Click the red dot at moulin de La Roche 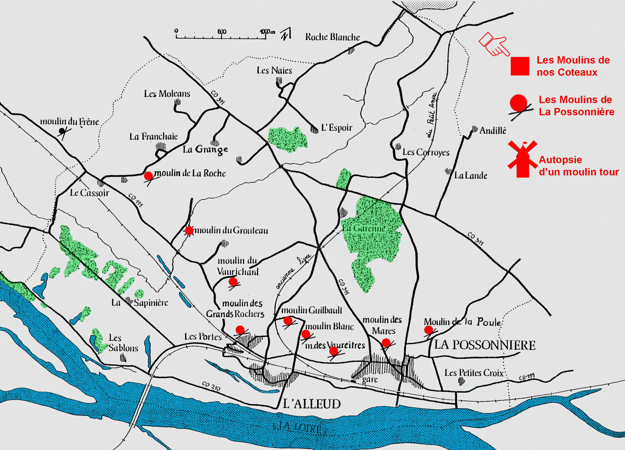148,176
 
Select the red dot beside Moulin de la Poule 428,330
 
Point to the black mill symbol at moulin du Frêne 62,131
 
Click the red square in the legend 520,66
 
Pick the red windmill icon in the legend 522,159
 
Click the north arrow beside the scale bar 286,34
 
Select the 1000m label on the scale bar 267,32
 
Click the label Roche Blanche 332,37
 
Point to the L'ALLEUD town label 312,404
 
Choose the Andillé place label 493,130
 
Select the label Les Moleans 167,94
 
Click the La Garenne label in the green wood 364,228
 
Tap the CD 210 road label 211,386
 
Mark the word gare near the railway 370,379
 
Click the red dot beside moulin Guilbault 288,321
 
